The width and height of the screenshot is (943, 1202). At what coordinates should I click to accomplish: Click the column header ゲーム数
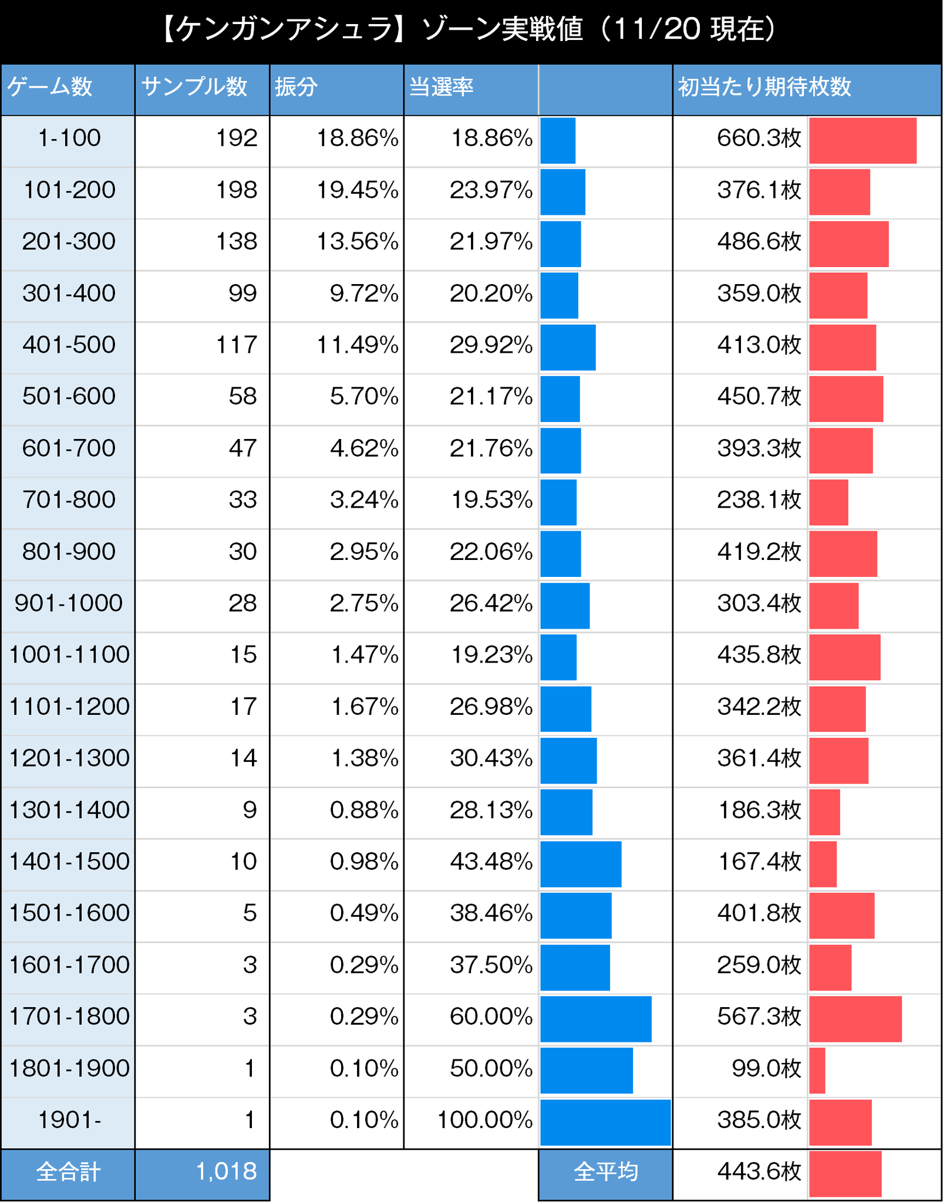pyautogui.click(x=50, y=87)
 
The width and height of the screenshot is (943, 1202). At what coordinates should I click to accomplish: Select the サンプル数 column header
pyautogui.click(x=194, y=87)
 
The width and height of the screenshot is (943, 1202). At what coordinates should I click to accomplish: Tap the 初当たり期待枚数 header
pyautogui.click(x=764, y=87)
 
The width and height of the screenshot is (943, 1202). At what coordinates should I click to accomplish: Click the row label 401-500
pyautogui.click(x=69, y=345)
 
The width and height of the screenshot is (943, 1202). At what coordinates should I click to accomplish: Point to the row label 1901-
pyautogui.click(x=69, y=1120)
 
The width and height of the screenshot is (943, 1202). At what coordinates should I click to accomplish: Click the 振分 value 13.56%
pyautogui.click(x=357, y=241)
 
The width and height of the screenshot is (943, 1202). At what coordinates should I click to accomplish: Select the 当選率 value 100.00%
pyautogui.click(x=485, y=1120)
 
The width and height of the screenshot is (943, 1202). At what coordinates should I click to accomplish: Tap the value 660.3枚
pyautogui.click(x=759, y=138)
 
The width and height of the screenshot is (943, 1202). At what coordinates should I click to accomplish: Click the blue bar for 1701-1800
pyautogui.click(x=595, y=1017)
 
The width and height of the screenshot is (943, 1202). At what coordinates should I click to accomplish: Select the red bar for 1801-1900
pyautogui.click(x=817, y=1068)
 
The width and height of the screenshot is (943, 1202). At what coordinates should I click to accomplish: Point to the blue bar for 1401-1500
pyautogui.click(x=581, y=862)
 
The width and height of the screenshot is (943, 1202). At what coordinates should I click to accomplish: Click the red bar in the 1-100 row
pyautogui.click(x=863, y=140)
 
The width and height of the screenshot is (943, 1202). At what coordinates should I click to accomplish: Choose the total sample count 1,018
pyautogui.click(x=226, y=1171)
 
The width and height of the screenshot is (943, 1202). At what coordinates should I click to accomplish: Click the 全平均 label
pyautogui.click(x=605, y=1171)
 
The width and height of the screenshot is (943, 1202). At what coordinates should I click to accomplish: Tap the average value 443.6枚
pyautogui.click(x=759, y=1171)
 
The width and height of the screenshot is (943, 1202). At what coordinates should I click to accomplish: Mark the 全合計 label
pyautogui.click(x=68, y=1171)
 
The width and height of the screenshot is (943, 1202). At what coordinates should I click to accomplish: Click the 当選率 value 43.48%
pyautogui.click(x=491, y=862)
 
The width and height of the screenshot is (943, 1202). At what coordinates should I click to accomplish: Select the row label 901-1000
pyautogui.click(x=69, y=603)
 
